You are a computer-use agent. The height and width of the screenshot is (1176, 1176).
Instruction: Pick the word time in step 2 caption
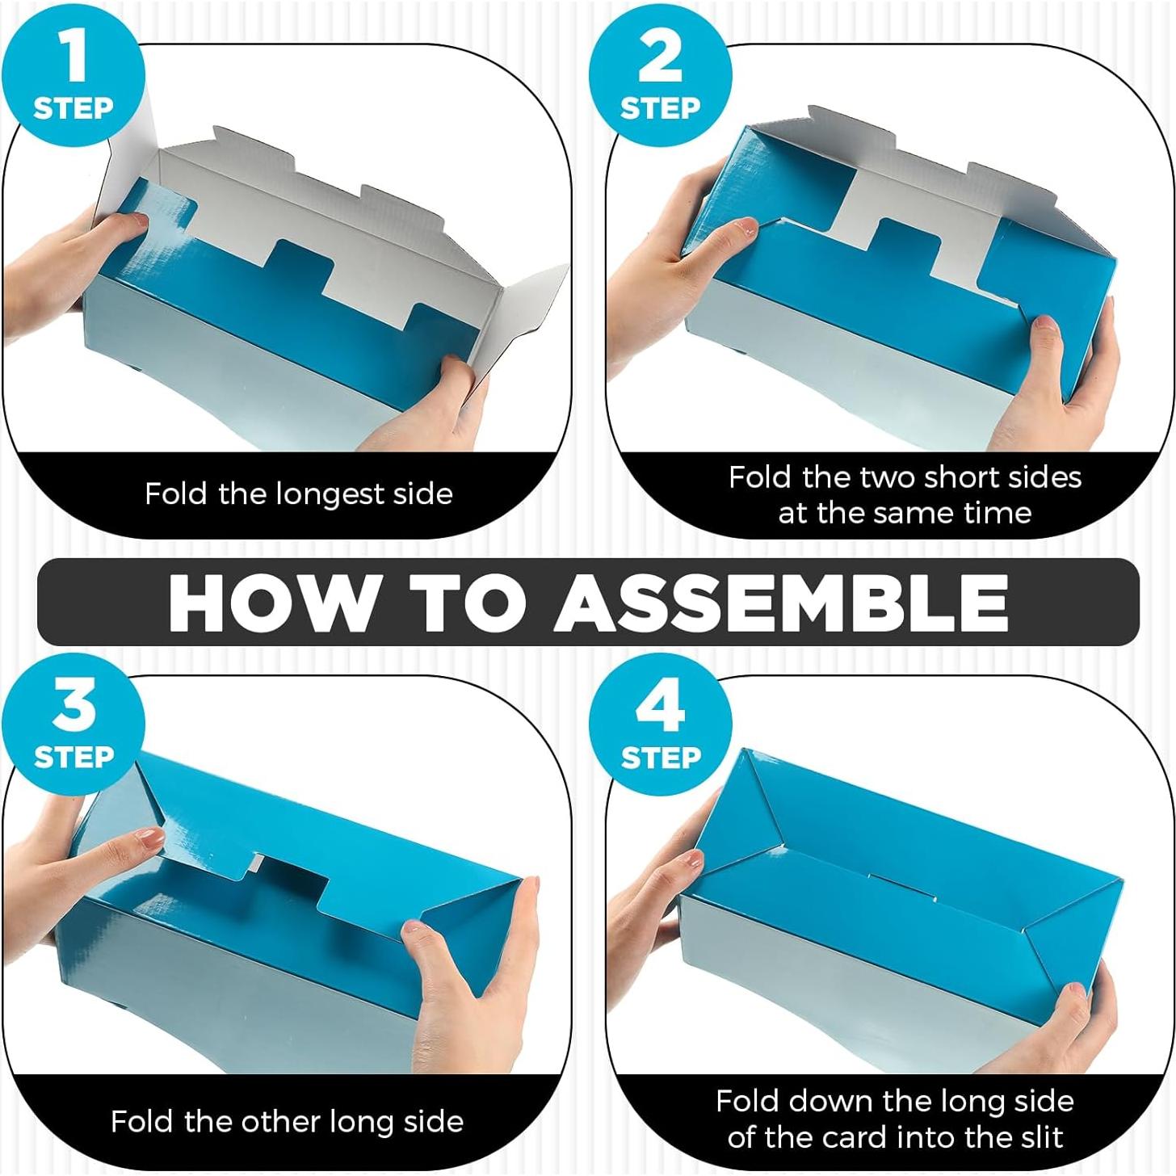click(x=997, y=512)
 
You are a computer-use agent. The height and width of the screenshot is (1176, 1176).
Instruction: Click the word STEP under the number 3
click(x=74, y=757)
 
